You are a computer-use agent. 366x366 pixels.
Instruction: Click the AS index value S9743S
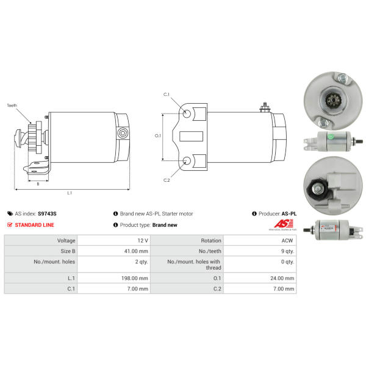pos(47,213)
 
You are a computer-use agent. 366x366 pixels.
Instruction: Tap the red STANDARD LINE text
pos(34,225)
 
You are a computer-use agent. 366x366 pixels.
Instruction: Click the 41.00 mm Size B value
pos(136,251)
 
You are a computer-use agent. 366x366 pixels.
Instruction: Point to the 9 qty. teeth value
pos(287,251)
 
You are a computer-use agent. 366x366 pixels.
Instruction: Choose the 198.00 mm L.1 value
pos(135,278)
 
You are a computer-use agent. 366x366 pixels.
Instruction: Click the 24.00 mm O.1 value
pos(282,278)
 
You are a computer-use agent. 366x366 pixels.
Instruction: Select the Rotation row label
pos(211,240)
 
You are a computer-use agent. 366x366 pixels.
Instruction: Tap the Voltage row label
pos(66,240)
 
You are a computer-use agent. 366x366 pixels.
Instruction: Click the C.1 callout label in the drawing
pos(167,95)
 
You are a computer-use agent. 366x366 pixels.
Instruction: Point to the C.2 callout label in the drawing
pos(167,180)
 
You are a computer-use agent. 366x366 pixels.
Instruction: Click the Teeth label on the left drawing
pos(12,106)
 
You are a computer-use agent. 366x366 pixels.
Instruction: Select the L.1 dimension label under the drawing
pos(70,193)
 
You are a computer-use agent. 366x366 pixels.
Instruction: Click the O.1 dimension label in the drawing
pos(158,135)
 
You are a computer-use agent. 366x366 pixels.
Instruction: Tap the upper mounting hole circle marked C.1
pos(187,113)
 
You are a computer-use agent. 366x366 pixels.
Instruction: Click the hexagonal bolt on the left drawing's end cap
pos(123,133)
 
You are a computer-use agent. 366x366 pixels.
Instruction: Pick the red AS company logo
pos(284,224)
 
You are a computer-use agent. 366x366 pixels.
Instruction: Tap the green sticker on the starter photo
pos(331,137)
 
